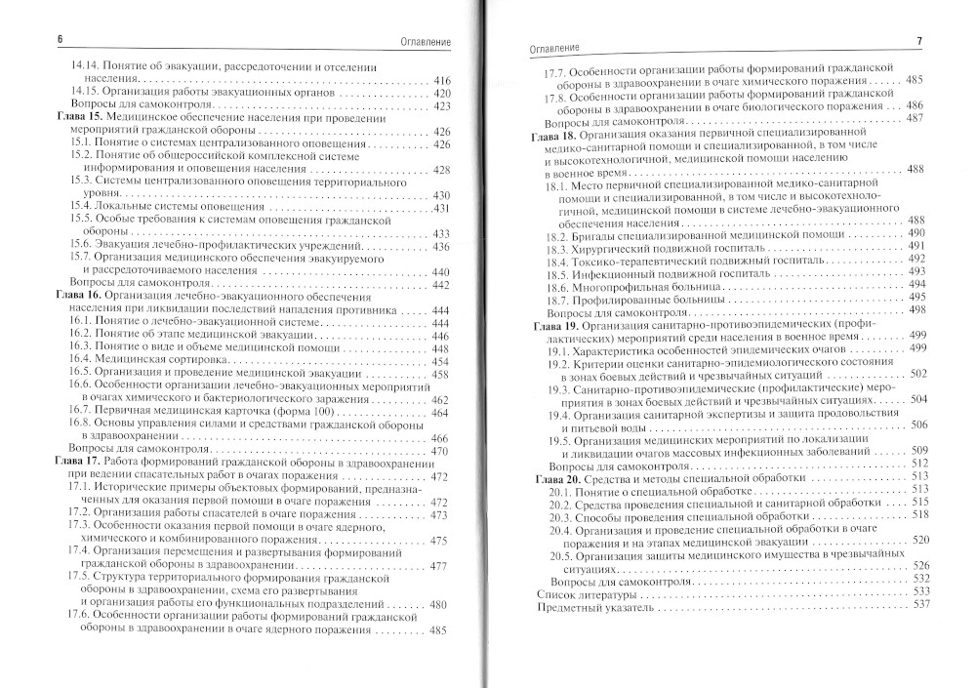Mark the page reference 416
(440, 78)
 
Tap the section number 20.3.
(559, 515)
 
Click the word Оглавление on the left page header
(411, 39)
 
